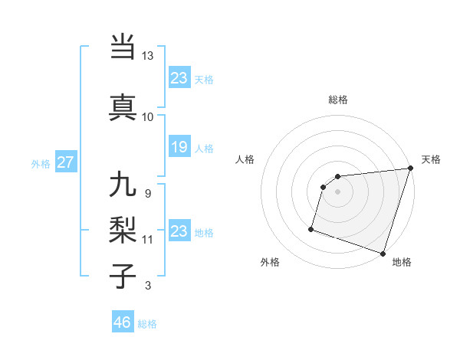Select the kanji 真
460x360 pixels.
click(x=123, y=106)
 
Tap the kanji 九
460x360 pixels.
click(x=123, y=185)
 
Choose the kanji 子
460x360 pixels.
click(x=123, y=276)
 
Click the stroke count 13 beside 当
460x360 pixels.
click(x=147, y=56)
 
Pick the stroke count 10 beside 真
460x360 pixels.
click(x=147, y=116)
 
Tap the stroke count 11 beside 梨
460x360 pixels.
click(x=147, y=239)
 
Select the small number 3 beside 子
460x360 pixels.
click(x=147, y=286)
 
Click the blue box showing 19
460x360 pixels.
click(x=179, y=147)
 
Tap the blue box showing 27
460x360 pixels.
click(x=65, y=162)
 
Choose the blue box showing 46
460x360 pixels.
click(x=123, y=322)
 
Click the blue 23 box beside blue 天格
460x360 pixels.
click(x=179, y=77)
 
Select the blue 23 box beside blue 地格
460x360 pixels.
click(x=179, y=231)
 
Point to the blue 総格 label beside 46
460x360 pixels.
click(x=147, y=324)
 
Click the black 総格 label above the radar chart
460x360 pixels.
click(x=337, y=100)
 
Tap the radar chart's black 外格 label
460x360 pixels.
click(x=270, y=262)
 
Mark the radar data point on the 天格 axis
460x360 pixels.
click(x=409, y=169)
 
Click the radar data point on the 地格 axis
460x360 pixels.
click(x=383, y=253)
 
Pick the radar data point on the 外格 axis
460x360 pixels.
click(x=311, y=228)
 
